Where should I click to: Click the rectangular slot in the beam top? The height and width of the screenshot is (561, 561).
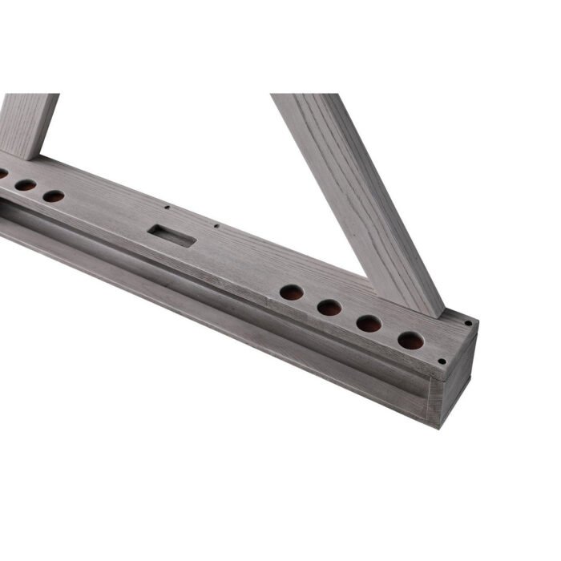pyautogui.click(x=171, y=235)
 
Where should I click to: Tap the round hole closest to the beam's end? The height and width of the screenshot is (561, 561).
pyautogui.click(x=410, y=341)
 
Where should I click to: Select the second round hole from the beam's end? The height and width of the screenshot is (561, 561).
pyautogui.click(x=369, y=324)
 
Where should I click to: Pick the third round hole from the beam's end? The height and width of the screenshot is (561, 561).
pyautogui.click(x=329, y=307)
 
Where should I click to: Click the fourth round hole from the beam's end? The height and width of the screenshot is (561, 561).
pyautogui.click(x=291, y=293)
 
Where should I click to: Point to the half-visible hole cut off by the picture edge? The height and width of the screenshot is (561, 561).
pyautogui.click(x=2, y=173)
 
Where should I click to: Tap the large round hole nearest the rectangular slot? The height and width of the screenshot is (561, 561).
pyautogui.click(x=54, y=196)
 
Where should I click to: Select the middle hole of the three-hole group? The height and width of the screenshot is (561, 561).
pyautogui.click(x=26, y=185)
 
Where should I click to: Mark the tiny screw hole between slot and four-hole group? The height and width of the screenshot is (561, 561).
pyautogui.click(x=217, y=226)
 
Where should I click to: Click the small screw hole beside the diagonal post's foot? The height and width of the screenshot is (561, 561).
pyautogui.click(x=468, y=323)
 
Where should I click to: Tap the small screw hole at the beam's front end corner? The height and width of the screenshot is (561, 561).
pyautogui.click(x=442, y=361)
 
